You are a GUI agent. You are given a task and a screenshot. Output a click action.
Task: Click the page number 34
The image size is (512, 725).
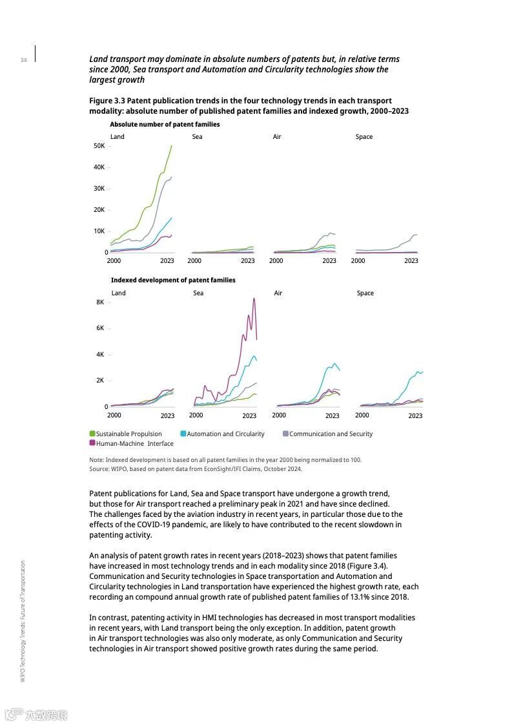(x=23, y=60)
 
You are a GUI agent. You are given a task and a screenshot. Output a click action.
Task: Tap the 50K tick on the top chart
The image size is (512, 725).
(x=99, y=146)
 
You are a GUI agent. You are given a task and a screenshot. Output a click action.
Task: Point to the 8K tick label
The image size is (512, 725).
(x=100, y=302)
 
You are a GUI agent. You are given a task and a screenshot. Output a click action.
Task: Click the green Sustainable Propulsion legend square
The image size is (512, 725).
(x=92, y=434)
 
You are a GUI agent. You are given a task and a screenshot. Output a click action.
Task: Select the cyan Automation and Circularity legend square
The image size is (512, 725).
(x=183, y=434)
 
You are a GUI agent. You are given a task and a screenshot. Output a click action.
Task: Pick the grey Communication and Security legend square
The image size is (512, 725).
(x=285, y=434)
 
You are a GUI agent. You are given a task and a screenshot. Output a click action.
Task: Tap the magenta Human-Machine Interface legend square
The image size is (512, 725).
(x=92, y=443)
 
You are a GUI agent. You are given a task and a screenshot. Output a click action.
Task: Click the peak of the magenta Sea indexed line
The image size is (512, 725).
(x=254, y=298)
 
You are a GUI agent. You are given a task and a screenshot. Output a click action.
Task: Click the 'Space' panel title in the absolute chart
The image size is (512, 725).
(x=364, y=137)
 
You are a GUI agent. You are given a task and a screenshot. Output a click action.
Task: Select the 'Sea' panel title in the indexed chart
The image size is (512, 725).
(x=198, y=293)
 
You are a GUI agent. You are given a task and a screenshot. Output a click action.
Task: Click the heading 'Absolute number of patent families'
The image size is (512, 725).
(x=165, y=124)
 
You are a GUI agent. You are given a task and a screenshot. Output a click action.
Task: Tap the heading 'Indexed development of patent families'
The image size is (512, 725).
(x=173, y=280)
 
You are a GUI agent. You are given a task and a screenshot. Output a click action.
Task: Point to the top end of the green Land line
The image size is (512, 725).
(x=171, y=145)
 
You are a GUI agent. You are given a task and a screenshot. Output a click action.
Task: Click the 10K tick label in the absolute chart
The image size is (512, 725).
(x=99, y=231)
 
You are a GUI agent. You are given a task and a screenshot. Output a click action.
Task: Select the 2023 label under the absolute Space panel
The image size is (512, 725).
(x=411, y=261)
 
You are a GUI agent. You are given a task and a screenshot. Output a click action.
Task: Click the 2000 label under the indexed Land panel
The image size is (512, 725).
(x=114, y=415)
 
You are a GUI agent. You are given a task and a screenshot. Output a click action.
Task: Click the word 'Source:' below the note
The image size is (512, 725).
(x=99, y=469)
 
